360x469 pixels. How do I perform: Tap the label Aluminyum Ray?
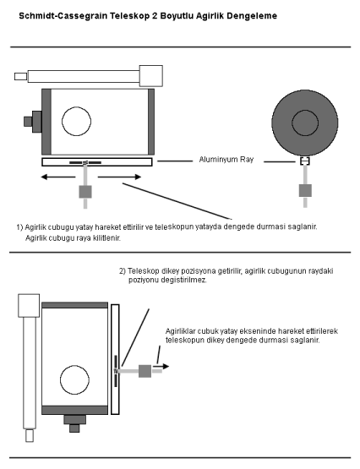pyautogui.click(x=226, y=160)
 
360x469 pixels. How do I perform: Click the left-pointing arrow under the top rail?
pyautogui.click(x=58, y=177)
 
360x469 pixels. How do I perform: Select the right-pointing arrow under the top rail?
pyautogui.click(x=119, y=177)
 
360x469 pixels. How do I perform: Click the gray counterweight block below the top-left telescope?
pyautogui.click(x=85, y=192)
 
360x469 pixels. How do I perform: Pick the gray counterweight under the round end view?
pyautogui.click(x=305, y=190)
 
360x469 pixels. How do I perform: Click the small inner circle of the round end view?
pyautogui.click(x=305, y=123)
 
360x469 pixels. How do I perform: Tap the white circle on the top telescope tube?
pyautogui.click(x=76, y=121)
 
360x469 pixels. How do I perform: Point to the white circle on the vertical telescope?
pyautogui.click(x=74, y=380)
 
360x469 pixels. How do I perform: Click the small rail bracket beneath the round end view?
pyautogui.click(x=305, y=161)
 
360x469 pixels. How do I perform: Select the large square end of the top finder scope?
pyautogui.click(x=151, y=76)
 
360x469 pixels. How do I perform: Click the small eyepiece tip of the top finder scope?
pyautogui.click(x=20, y=77)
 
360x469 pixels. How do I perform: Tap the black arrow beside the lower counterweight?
pyautogui.click(x=161, y=367)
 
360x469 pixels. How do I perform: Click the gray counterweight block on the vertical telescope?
pyautogui.click(x=145, y=371)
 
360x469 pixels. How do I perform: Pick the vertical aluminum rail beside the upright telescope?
pyautogui.click(x=115, y=359)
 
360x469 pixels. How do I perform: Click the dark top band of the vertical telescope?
pyautogui.click(x=74, y=305)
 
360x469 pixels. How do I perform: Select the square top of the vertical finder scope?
pyautogui.click(x=29, y=305)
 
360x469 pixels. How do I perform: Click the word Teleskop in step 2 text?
pyautogui.click(x=144, y=271)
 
